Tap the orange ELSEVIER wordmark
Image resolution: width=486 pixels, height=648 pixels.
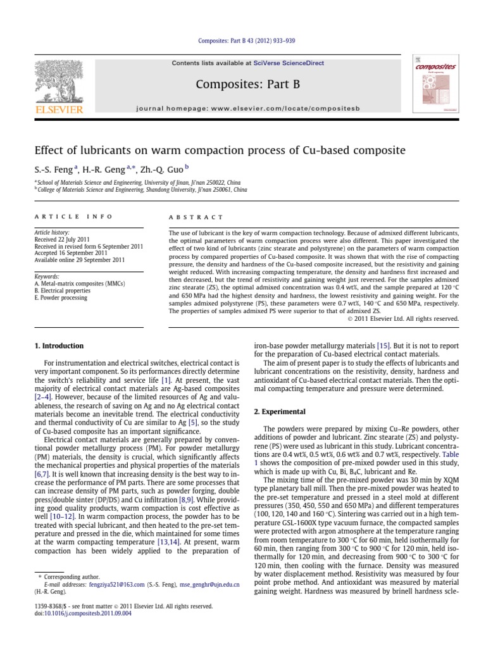point(59,110)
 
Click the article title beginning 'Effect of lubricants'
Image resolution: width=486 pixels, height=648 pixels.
point(219,151)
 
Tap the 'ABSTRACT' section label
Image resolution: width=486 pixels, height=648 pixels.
point(196,216)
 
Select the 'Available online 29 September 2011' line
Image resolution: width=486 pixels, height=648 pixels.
point(79,259)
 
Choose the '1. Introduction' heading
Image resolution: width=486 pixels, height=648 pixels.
point(58,346)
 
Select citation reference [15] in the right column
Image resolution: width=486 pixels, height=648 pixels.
point(383,346)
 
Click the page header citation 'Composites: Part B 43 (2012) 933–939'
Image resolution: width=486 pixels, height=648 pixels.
point(244,41)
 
